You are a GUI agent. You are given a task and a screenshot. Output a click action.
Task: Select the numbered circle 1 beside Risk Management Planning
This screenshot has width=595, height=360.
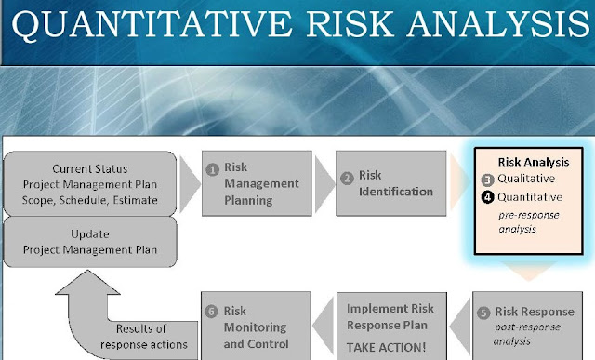[x=212, y=169]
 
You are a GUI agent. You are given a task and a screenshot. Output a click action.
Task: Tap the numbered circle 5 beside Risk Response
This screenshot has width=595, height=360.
[x=482, y=312]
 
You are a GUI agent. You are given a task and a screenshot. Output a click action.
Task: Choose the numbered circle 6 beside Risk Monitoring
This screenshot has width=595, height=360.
[x=211, y=312]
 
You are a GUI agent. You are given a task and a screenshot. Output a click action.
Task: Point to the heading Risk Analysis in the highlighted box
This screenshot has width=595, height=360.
[x=534, y=162]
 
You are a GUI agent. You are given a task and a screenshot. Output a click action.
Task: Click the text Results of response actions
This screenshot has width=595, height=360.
[x=150, y=336]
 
